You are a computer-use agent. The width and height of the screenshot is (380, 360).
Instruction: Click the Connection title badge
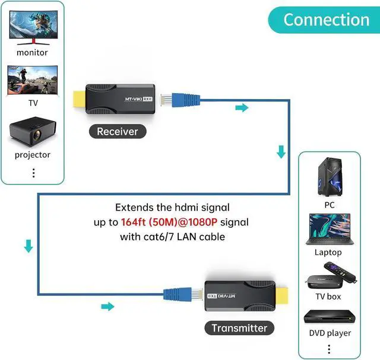tap(326, 19)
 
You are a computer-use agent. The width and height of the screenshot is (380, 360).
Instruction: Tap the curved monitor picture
tap(32, 24)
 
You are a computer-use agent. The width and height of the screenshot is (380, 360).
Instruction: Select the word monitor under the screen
tap(33, 52)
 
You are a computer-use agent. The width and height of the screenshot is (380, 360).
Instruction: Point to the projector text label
tap(33, 155)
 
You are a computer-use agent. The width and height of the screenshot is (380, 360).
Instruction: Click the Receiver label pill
tap(117, 132)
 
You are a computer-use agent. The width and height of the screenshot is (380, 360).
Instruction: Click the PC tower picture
tap(329, 177)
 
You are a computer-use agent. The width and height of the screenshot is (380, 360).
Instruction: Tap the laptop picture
tap(328, 230)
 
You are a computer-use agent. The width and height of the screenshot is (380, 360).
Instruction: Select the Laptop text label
tap(328, 252)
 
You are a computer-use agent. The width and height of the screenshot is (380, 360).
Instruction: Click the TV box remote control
tap(350, 273)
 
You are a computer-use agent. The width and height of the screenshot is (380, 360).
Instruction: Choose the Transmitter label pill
tap(239, 327)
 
